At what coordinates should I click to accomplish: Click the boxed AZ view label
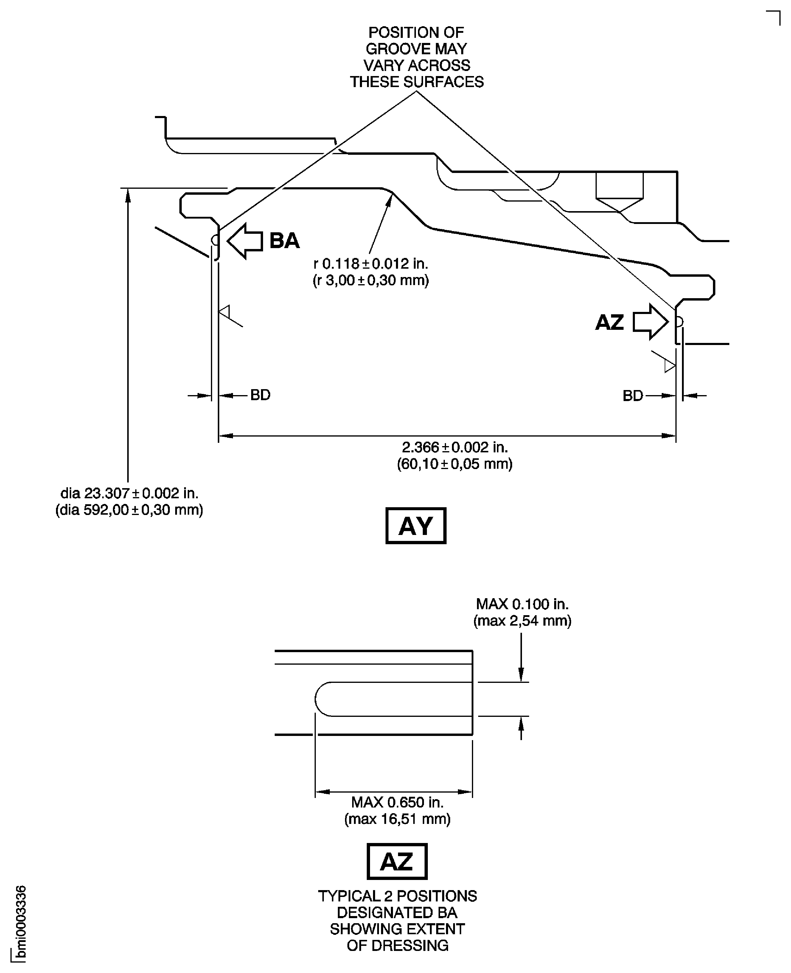397,861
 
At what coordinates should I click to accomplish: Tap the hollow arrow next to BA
245,241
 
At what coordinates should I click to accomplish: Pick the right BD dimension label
633,396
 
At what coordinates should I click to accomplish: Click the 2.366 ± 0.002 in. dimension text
454,447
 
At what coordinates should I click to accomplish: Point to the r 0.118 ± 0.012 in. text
370,264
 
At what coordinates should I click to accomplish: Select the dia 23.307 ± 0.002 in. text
129,493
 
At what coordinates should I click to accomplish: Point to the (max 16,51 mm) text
397,819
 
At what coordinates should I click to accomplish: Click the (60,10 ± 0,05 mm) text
454,464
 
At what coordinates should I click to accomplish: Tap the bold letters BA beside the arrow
284,240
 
